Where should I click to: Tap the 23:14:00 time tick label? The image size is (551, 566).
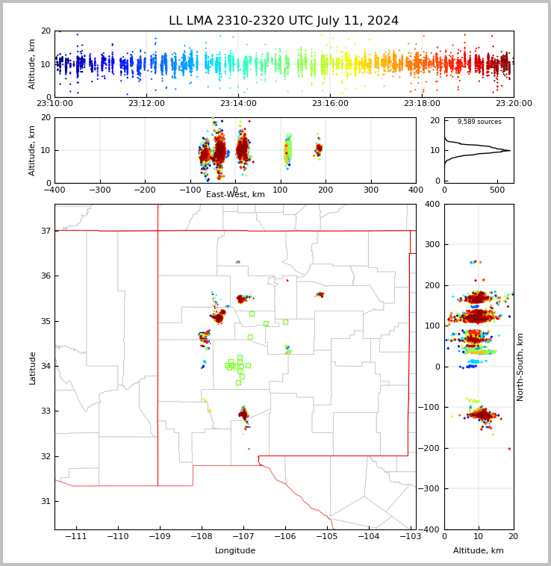point(238,104)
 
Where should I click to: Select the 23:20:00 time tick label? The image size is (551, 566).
point(514,104)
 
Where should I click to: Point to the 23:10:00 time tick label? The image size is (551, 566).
point(55,104)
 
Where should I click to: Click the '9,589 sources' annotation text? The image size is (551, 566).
point(479,122)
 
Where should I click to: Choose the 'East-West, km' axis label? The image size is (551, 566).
point(235,195)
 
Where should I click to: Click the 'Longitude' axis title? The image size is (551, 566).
point(235,551)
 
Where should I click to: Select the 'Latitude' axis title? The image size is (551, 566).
point(33,367)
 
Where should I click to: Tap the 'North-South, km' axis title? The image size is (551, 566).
point(520,367)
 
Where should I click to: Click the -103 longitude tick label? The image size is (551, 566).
point(410,537)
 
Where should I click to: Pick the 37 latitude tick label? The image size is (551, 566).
point(45,231)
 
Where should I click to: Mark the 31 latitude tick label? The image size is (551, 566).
point(45,501)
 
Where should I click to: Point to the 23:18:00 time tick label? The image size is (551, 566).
point(422,104)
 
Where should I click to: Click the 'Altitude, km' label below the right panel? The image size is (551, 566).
point(479,551)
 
